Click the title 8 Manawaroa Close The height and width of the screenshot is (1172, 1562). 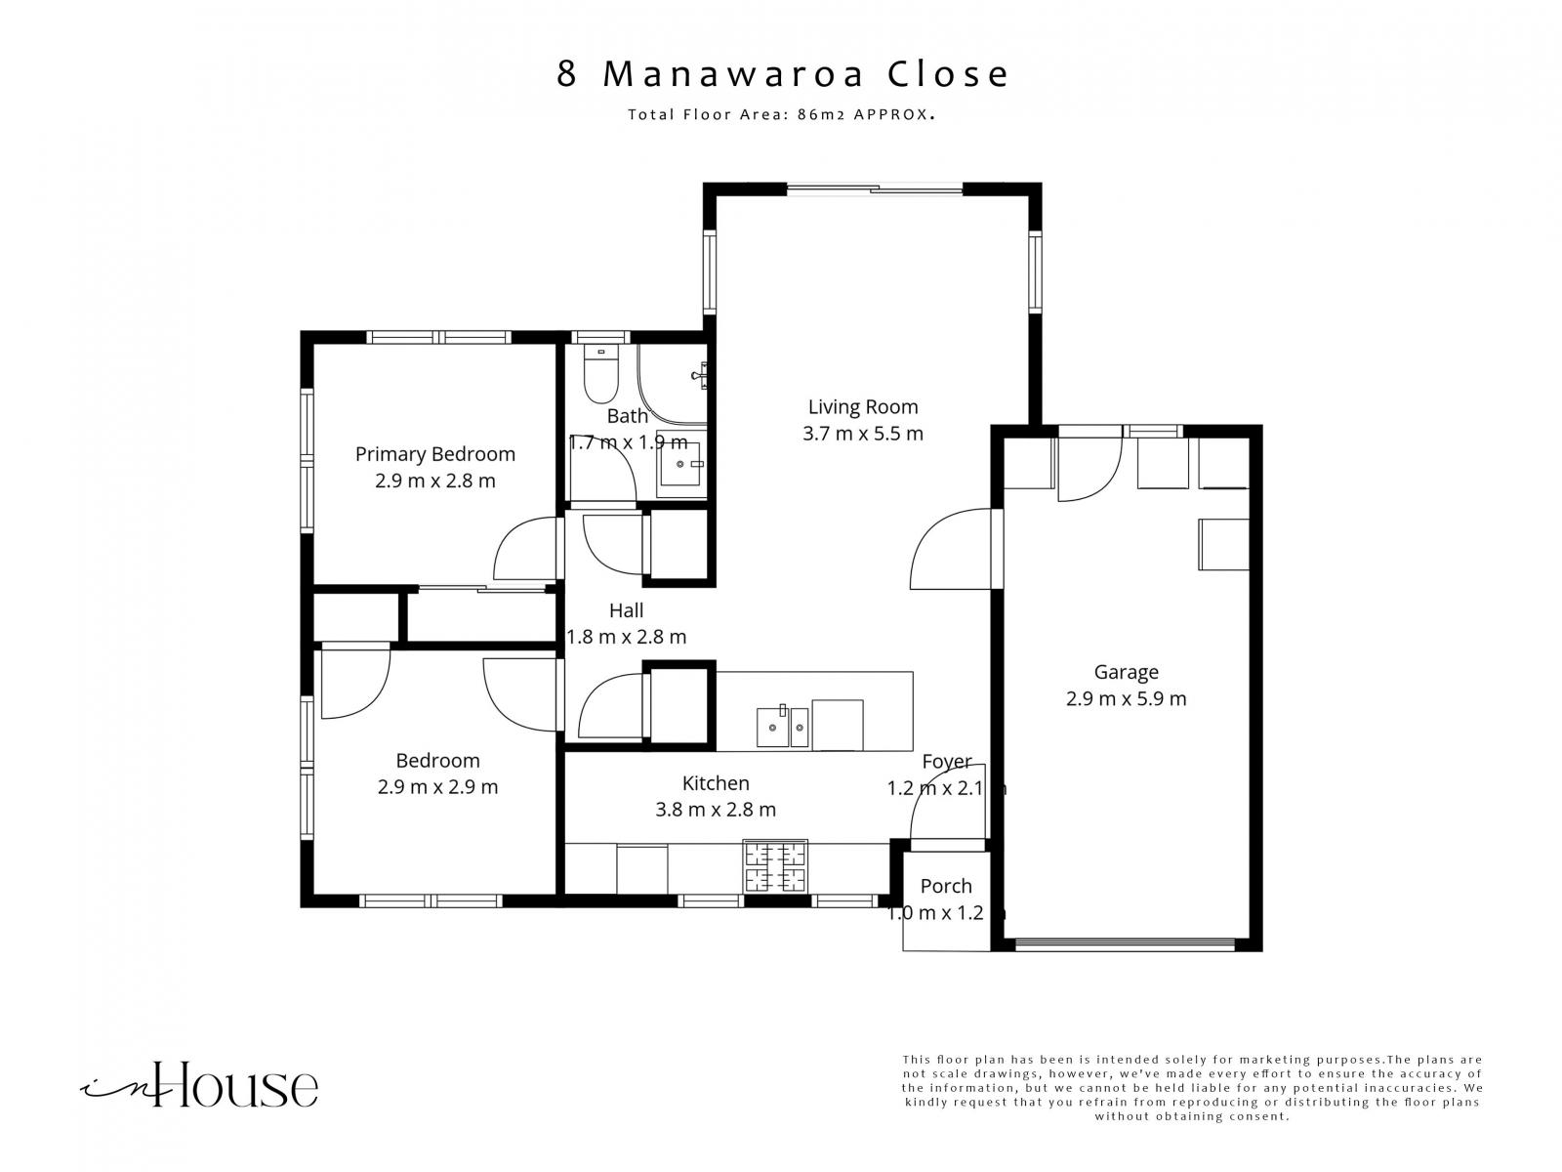click(782, 74)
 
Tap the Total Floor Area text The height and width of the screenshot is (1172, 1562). click(781, 114)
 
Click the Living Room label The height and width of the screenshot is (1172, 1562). click(862, 407)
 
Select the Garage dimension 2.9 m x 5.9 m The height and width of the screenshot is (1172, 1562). click(1126, 698)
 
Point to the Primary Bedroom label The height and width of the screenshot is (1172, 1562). click(434, 454)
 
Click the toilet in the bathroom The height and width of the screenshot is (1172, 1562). click(600, 374)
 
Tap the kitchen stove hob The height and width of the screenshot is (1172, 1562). click(775, 866)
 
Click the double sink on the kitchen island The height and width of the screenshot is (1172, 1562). click(782, 727)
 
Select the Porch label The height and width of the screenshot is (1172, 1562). click(946, 886)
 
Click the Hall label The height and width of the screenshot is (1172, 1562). click(626, 610)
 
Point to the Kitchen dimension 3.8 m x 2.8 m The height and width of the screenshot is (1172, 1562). click(716, 810)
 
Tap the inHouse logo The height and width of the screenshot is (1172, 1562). click(199, 1085)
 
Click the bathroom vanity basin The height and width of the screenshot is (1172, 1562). click(681, 464)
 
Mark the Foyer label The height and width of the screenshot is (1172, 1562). click(946, 762)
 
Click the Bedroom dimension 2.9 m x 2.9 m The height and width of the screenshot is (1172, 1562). click(437, 787)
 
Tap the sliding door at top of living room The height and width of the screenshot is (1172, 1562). click(875, 189)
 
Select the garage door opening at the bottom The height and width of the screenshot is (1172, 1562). click(1125, 945)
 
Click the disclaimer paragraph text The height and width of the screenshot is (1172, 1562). click(1192, 1088)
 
